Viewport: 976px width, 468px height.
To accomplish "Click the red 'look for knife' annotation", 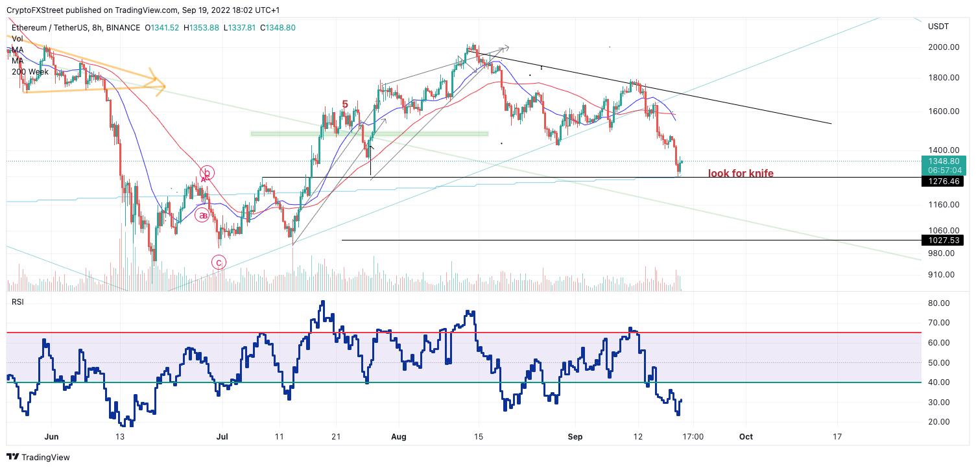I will click(741, 173).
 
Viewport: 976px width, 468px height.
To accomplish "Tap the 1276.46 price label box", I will click(942, 181).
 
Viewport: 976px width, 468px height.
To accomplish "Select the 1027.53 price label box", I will click(942, 240).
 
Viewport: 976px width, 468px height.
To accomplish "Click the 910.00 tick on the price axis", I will click(942, 275).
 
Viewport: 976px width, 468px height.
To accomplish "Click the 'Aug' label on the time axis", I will click(399, 437).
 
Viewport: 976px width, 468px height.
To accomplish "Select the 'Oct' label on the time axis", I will click(746, 437).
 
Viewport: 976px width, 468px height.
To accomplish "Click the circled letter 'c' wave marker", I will click(219, 263).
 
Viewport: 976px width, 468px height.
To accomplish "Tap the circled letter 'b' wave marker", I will click(207, 173).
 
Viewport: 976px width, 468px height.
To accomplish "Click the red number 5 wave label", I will click(345, 104).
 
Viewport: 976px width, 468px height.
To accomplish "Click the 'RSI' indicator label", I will click(18, 302).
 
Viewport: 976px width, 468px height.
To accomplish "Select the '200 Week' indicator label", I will click(30, 71).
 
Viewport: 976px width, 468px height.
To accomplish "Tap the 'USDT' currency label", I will click(938, 26).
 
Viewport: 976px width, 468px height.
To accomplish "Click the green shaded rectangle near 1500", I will click(369, 134).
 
